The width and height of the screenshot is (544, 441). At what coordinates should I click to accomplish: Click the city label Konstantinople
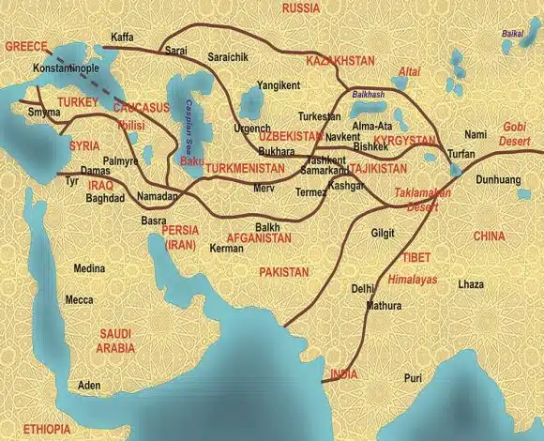pos(65,69)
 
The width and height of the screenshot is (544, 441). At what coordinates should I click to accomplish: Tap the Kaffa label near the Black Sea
pos(123,38)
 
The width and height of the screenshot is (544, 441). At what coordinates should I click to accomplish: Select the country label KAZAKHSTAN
pos(340,59)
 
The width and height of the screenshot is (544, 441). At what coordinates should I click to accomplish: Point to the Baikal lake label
pos(512,34)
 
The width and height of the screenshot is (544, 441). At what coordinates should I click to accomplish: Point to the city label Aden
pos(89,386)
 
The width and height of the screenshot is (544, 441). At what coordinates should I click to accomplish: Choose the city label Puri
pos(413,377)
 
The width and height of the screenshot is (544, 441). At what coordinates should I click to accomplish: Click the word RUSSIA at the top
pos(300,8)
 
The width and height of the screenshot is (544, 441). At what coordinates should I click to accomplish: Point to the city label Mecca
pos(79,300)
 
